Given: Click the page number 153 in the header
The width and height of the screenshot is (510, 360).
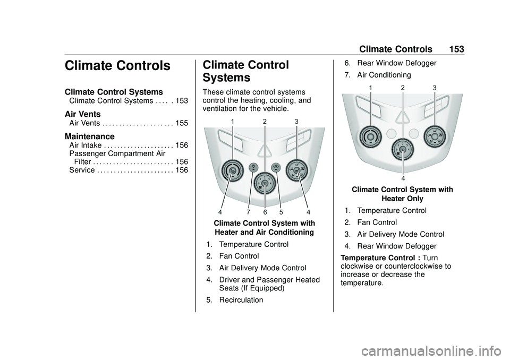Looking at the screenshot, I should [x=455, y=49].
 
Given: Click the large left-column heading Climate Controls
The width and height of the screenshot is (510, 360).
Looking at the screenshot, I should [x=117, y=66].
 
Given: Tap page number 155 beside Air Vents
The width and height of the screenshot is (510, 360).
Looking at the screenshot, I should [x=181, y=123].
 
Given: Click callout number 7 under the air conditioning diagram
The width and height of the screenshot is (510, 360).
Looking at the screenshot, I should [x=248, y=212].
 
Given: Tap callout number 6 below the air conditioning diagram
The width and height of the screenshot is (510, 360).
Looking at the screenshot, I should [x=264, y=212].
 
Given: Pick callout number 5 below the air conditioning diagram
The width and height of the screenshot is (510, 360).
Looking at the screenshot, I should [x=281, y=212].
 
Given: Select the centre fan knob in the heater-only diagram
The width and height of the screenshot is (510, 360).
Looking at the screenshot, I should [x=403, y=149].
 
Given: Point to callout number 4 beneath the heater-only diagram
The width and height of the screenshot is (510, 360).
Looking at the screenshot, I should [x=403, y=178].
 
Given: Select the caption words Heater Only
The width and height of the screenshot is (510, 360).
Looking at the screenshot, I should [x=402, y=199].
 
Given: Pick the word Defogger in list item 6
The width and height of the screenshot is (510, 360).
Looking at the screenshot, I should [x=420, y=63].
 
